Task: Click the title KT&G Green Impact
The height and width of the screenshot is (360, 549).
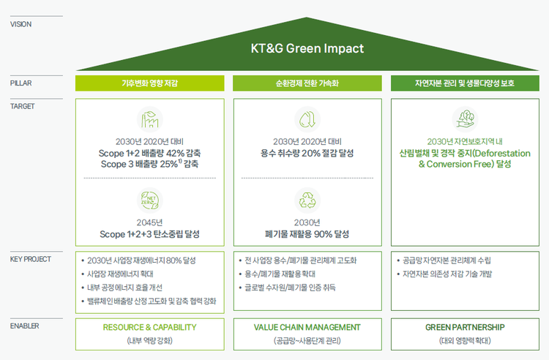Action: [307, 48]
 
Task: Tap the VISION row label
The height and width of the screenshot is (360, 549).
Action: [20, 24]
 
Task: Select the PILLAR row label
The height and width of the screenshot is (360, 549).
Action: [20, 83]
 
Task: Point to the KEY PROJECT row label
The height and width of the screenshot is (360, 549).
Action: [31, 259]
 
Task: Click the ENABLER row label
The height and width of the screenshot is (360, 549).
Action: [24, 326]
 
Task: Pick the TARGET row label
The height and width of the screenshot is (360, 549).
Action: [23, 106]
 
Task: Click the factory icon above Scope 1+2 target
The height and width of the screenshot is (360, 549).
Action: [150, 120]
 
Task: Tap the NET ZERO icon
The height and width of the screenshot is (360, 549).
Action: [150, 200]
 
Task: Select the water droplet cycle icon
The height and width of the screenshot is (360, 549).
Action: [307, 120]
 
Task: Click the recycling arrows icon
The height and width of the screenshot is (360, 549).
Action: [307, 200]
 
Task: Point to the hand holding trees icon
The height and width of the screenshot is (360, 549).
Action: [465, 120]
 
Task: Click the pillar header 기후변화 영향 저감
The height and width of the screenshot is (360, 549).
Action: [150, 83]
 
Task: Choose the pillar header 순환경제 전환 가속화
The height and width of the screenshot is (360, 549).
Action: [307, 83]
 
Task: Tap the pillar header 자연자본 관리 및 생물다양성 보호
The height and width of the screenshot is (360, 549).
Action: [465, 83]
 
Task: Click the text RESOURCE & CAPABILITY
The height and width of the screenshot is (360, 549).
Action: [149, 328]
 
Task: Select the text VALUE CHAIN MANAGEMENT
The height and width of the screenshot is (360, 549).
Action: [307, 328]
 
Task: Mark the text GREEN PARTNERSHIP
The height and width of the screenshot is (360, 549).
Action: [465, 328]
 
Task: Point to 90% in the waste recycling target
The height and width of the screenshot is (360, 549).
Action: [323, 234]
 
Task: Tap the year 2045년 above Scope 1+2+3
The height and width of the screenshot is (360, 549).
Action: [150, 222]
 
